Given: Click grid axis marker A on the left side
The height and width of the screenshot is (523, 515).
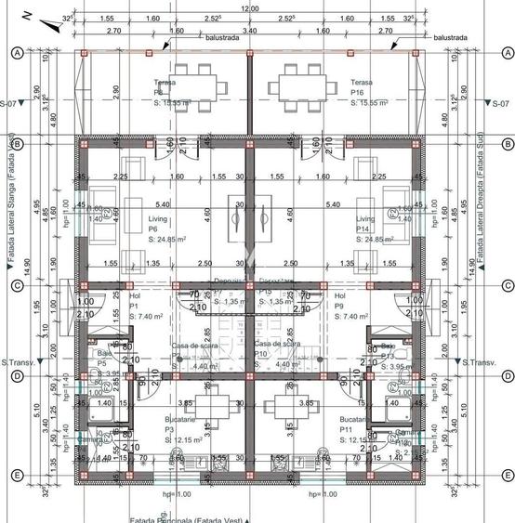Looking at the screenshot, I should pos(16,53).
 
